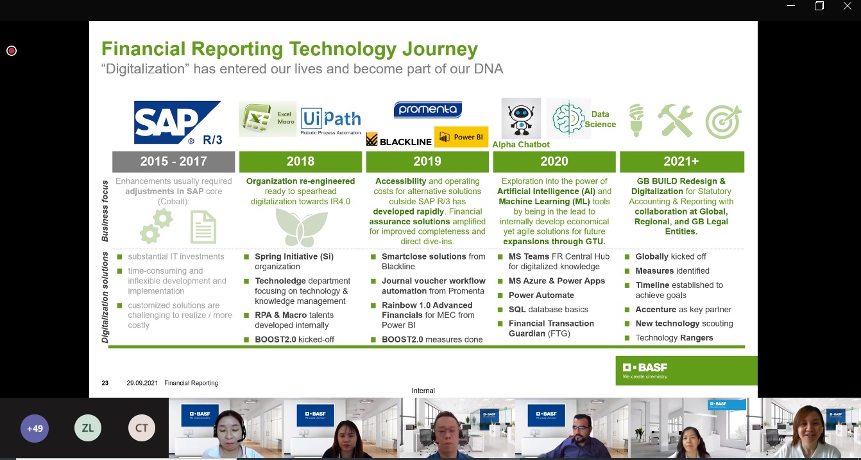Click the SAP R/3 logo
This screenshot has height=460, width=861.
click(x=178, y=123)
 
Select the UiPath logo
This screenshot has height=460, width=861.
click(x=330, y=121)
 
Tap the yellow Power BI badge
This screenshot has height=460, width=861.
click(x=461, y=137)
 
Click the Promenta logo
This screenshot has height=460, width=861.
click(x=427, y=110)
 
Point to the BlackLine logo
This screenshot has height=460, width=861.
click(x=399, y=140)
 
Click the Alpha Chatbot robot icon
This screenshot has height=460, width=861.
click(x=521, y=118)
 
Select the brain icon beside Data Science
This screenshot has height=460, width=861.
click(x=568, y=119)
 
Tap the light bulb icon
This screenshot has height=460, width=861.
click(x=636, y=121)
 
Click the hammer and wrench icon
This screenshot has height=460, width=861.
click(x=676, y=121)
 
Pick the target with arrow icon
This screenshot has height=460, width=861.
click(x=724, y=121)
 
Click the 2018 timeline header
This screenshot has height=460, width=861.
click(x=301, y=161)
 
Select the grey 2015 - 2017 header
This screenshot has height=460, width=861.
click(x=173, y=161)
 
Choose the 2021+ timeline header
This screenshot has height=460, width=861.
click(x=682, y=161)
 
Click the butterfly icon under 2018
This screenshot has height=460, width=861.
click(x=302, y=227)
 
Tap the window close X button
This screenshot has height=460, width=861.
click(x=847, y=6)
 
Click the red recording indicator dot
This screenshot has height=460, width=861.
click(x=12, y=51)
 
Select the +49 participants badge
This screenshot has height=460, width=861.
click(x=35, y=429)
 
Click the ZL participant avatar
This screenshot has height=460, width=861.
click(x=88, y=428)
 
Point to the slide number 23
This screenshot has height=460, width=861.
click(x=105, y=383)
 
